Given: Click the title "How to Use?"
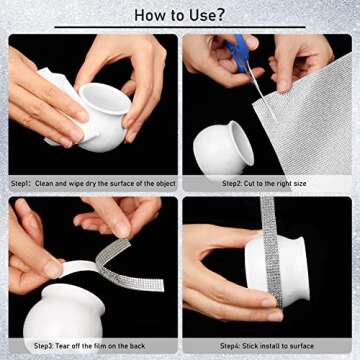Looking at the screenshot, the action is click(180, 15).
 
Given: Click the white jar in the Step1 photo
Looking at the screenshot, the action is click(103, 117).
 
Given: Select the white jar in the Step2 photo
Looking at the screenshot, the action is click(223, 148).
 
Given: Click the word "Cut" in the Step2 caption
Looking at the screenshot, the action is click(249, 184).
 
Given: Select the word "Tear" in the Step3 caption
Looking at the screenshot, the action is click(62, 346).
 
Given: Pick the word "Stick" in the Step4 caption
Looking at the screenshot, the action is click(249, 346).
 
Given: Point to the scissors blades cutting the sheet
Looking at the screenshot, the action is click(263, 92).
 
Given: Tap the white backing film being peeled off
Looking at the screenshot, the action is click(78, 267).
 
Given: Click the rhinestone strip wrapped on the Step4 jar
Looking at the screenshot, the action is click(273, 250).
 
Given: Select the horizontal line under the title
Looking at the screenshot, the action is click(180, 27).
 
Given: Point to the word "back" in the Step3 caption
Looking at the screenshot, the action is click(137, 346).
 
